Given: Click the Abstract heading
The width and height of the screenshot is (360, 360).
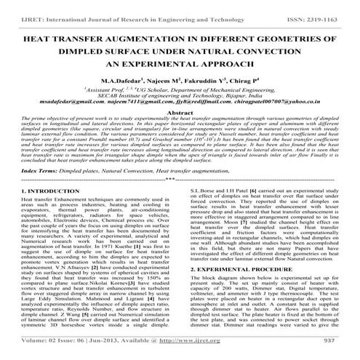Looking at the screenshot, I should coord(180,115).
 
